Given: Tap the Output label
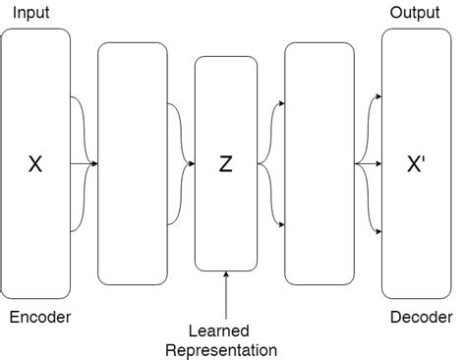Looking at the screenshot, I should click(415, 12).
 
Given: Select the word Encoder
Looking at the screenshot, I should click(39, 317).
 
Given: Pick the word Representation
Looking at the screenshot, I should click(221, 349).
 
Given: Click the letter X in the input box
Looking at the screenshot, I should click(35, 164).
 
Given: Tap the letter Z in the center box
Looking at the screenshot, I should click(225, 164).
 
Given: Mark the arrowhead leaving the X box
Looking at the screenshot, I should click(94, 163).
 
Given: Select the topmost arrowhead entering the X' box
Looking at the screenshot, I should click(378, 96).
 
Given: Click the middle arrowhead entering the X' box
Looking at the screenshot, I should click(378, 163).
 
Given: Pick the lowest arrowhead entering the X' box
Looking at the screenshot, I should click(378, 232).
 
